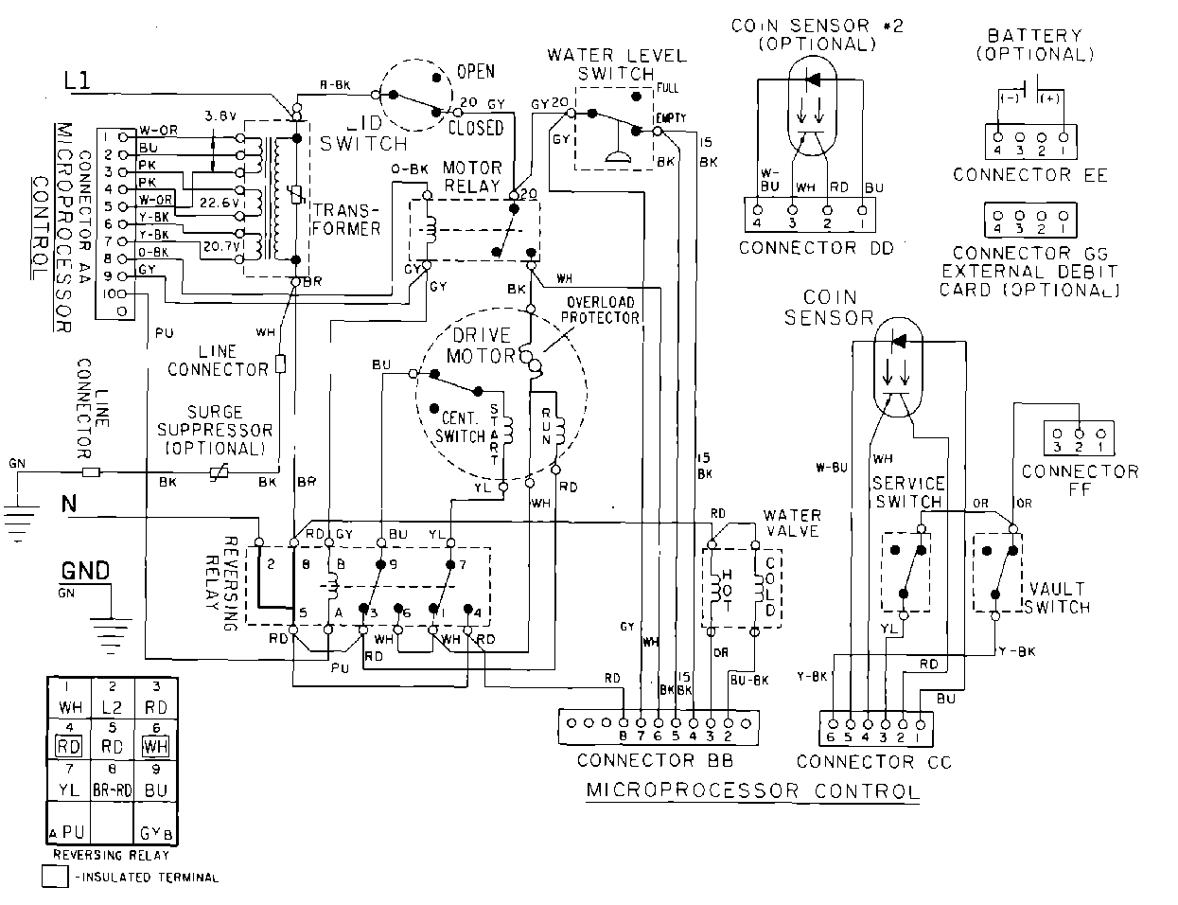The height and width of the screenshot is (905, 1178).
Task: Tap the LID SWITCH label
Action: (363, 134)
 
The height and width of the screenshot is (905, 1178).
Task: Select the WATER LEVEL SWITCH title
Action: (616, 64)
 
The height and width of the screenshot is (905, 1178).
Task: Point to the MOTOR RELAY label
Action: (471, 177)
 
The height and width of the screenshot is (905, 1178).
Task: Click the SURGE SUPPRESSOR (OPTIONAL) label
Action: (215, 431)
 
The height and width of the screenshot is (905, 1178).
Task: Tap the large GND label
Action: (85, 571)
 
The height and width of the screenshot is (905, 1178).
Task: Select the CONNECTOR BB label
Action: (655, 760)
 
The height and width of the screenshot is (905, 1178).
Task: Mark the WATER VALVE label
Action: (792, 523)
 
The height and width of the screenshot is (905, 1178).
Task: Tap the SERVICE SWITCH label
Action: (906, 492)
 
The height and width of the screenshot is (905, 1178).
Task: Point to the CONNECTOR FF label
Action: (1080, 480)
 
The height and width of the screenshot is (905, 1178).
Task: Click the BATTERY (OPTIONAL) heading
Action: (1034, 44)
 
